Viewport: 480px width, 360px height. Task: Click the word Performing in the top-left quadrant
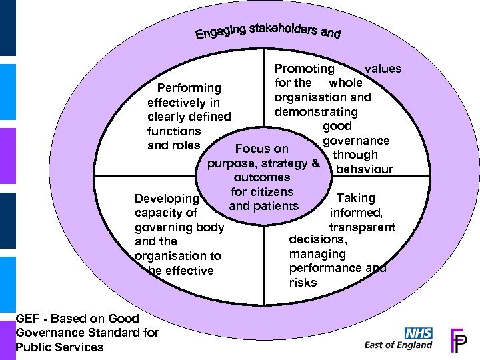[189, 88]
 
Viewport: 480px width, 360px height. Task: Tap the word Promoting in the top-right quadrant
[305, 69]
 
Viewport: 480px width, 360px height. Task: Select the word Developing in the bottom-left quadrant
[167, 199]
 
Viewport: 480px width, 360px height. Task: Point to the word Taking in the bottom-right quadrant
[356, 198]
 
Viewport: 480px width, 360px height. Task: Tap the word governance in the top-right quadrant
[356, 141]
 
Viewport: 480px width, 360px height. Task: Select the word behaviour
[365, 169]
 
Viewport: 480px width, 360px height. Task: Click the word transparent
[363, 227]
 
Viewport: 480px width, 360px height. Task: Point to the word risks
[303, 283]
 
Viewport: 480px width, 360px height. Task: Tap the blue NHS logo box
[419, 333]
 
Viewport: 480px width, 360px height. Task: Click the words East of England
[399, 345]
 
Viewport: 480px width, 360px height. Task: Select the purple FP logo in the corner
[459, 339]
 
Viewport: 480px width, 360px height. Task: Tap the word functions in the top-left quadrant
[174, 131]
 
